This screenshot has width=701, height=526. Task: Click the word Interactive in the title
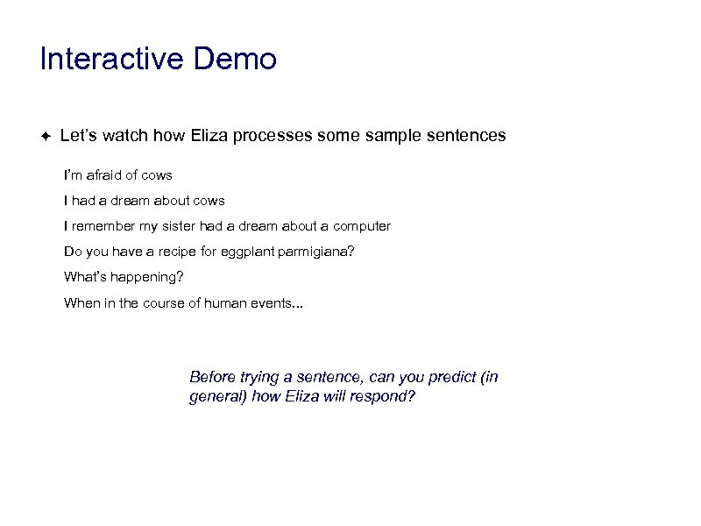(112, 60)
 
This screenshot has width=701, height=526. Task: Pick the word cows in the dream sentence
(208, 201)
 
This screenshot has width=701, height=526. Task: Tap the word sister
(179, 226)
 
